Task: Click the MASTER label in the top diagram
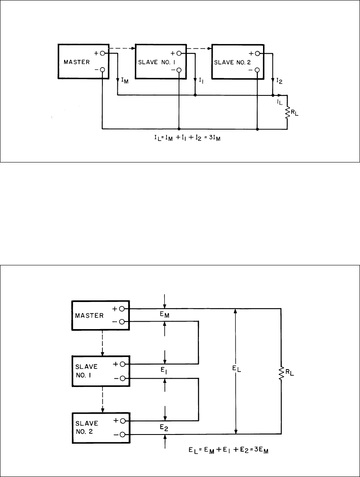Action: (x=77, y=62)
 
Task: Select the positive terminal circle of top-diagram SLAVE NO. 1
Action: (x=179, y=54)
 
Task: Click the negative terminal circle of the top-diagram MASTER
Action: (x=102, y=70)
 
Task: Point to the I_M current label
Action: (x=124, y=81)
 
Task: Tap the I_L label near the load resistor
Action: (x=280, y=102)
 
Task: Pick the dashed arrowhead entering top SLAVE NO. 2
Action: (x=210, y=48)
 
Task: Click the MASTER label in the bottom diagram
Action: (x=89, y=316)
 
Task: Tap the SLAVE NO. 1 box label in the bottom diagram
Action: (x=87, y=371)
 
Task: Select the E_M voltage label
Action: (x=164, y=315)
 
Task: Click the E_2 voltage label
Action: (x=164, y=427)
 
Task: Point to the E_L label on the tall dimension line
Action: (x=236, y=369)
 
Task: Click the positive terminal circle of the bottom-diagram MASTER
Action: (x=122, y=309)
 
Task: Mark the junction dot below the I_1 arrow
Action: (x=195, y=95)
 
